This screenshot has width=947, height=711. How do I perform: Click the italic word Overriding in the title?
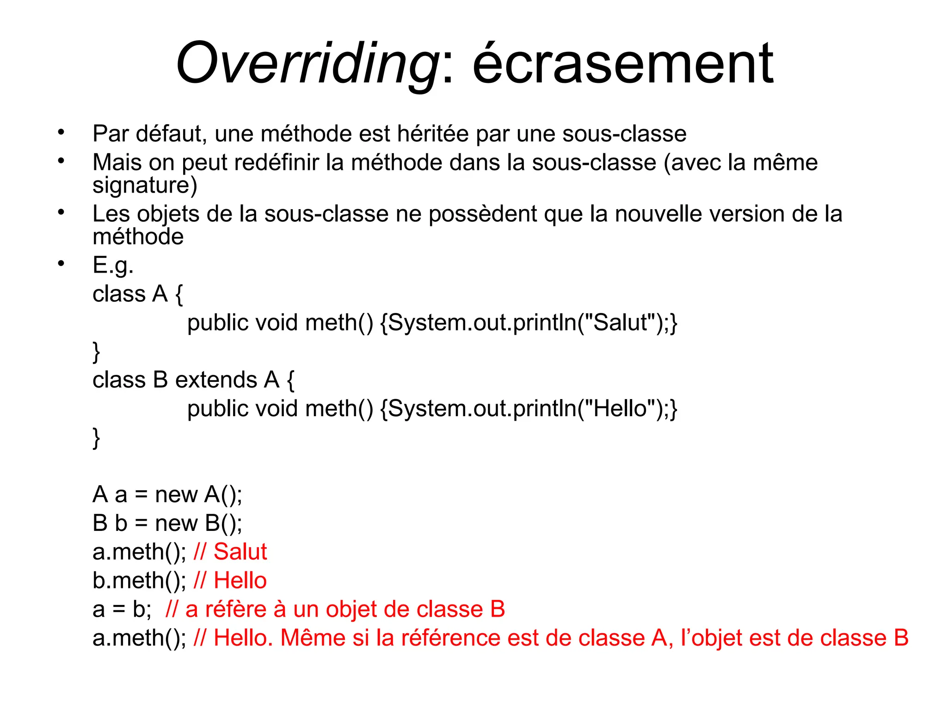tap(307, 63)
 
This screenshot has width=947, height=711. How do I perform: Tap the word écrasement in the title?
tap(622, 63)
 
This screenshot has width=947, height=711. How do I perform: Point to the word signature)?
tap(145, 185)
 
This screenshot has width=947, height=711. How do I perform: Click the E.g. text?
tap(113, 266)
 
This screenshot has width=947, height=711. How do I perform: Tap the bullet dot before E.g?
tap(61, 263)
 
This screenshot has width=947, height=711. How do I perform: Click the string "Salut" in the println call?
tap(620, 323)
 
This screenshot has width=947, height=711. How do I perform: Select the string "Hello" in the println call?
tap(619, 409)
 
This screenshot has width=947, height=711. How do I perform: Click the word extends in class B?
tap(216, 380)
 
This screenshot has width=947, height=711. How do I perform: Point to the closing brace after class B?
tap(96, 437)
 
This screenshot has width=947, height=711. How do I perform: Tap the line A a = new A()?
tap(167, 494)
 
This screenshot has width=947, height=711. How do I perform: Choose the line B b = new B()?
tap(167, 523)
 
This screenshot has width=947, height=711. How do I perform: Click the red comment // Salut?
tap(230, 552)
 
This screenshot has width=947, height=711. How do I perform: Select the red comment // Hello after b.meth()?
tap(230, 580)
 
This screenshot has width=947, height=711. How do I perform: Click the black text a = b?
tap(122, 609)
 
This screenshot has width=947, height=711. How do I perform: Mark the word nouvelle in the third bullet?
tap(658, 214)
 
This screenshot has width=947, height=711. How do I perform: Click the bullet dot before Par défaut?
tap(61, 132)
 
